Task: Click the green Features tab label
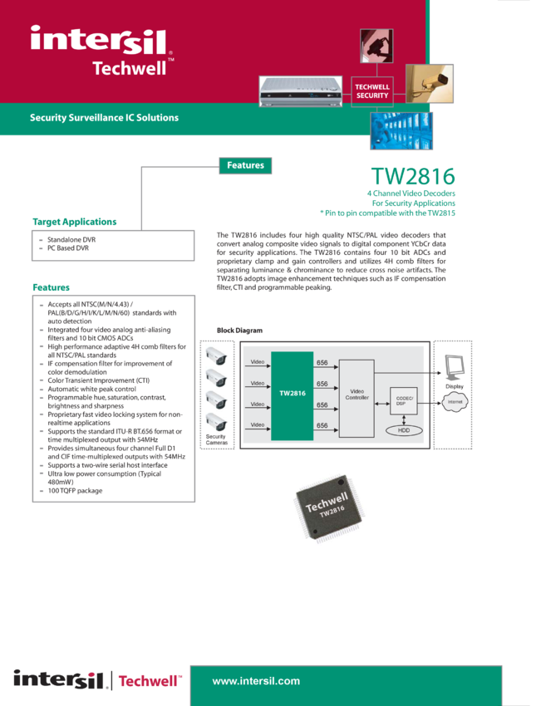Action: coord(245,165)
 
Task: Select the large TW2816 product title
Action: coord(413,176)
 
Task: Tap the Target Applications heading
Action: coord(74,222)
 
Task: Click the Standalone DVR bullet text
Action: coord(71,239)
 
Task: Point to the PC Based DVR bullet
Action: coord(68,248)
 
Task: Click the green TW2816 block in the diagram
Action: coord(292,395)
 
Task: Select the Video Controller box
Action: coord(357,399)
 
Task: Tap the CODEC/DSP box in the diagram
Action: coord(404,400)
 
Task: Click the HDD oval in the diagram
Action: coord(404,430)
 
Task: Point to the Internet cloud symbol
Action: coord(455,402)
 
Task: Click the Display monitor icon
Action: coord(454,368)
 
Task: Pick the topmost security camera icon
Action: coord(216,356)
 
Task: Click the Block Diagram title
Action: coord(239,331)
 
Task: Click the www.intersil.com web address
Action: coord(256,681)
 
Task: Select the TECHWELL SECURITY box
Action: coord(372,91)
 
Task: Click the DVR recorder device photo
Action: coord(301,91)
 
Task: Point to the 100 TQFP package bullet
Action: coord(76,491)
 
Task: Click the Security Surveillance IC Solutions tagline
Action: coord(104,117)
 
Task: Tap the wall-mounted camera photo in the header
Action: coord(430,84)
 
